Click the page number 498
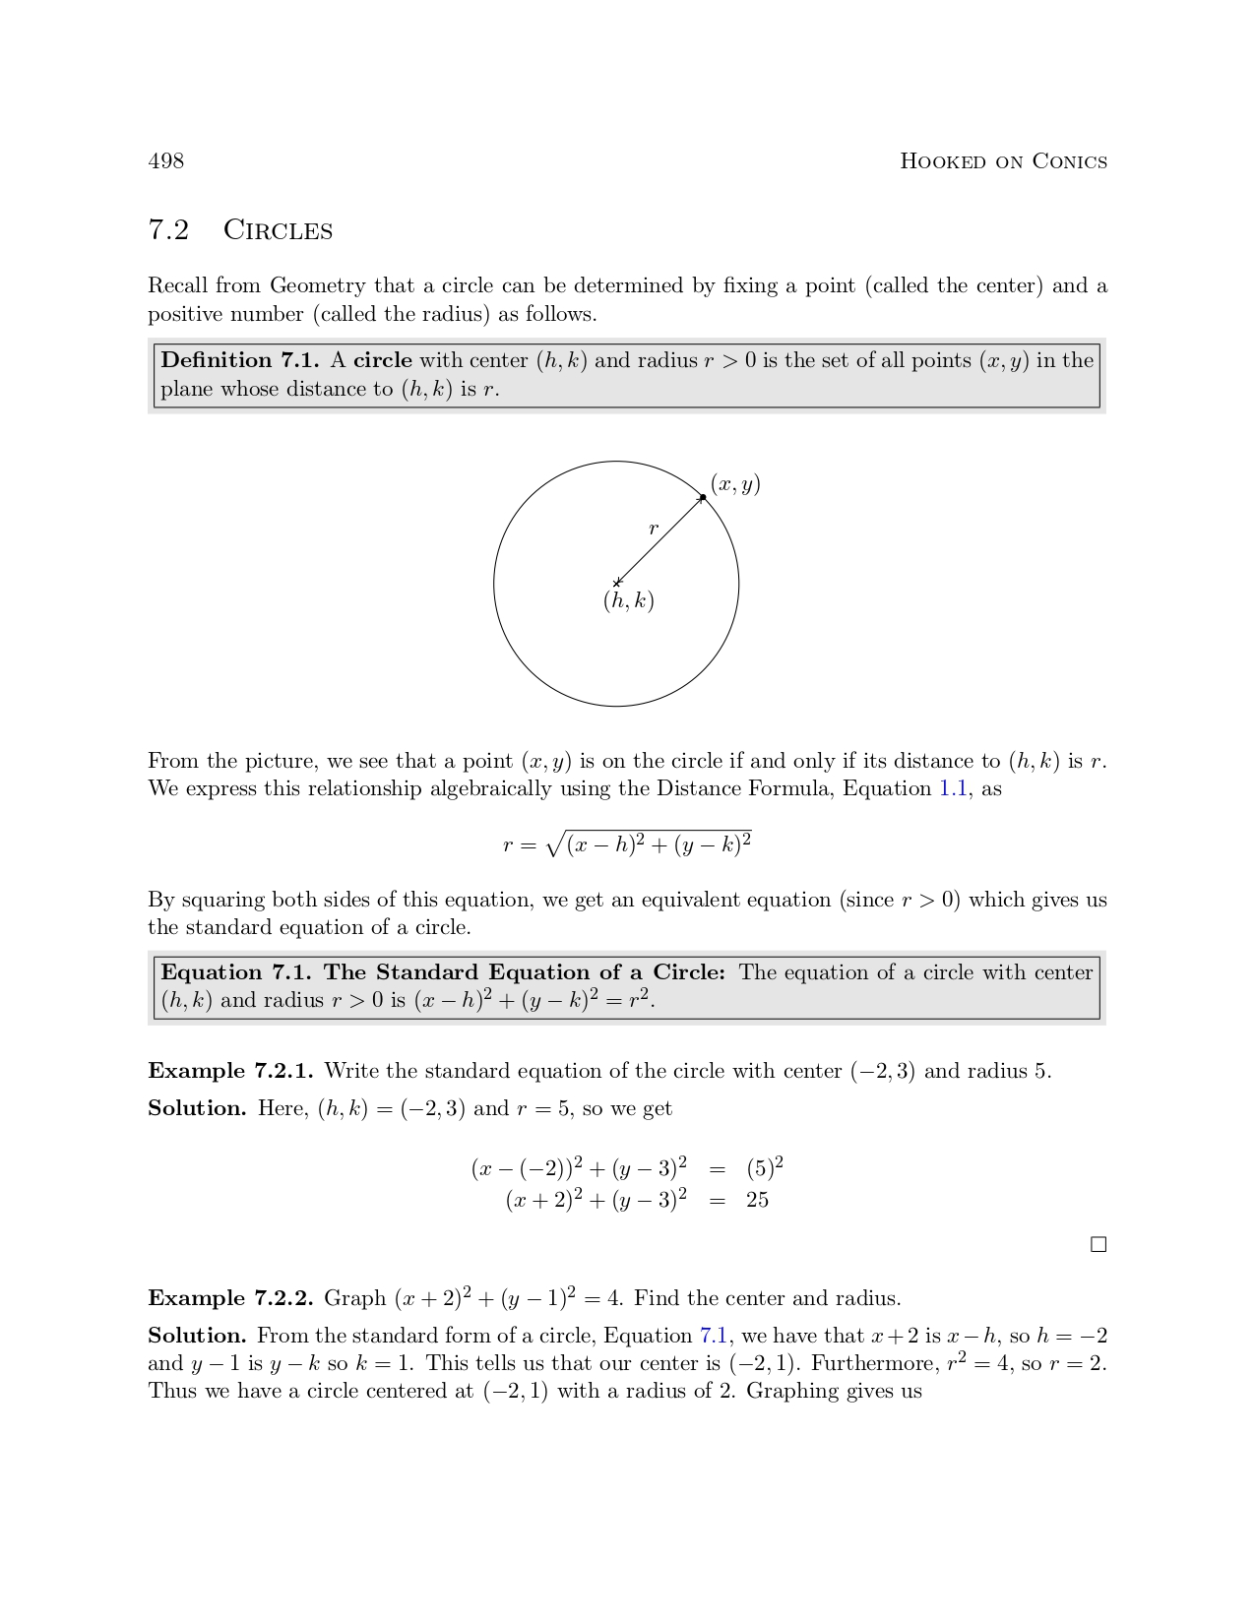165,161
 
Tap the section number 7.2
168,230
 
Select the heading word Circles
278,230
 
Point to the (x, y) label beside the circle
735,484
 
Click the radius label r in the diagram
654,529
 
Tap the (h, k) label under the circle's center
629,600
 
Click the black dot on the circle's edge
703,497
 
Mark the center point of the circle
617,584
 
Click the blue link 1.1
953,788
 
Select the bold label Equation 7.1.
236,972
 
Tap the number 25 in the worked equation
757,1200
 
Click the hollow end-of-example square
1098,1245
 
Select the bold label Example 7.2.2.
230,1298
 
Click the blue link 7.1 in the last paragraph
714,1336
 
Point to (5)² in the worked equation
765,1168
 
